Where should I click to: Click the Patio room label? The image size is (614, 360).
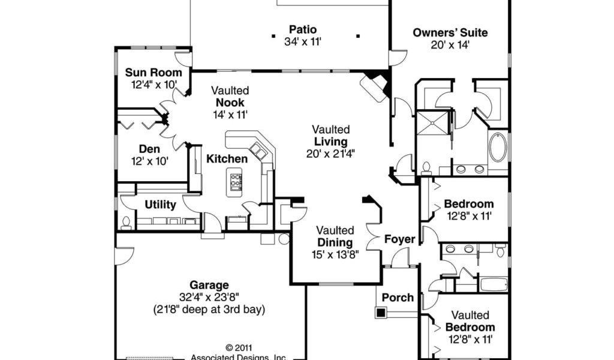pos(303,29)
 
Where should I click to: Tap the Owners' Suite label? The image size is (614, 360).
pos(450,32)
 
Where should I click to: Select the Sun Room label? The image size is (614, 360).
pos(153,73)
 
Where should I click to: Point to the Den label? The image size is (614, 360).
pos(149,149)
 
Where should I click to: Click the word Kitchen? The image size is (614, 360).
pos(227,159)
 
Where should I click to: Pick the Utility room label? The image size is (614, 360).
pos(160,205)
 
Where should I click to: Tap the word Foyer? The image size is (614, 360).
pos(399,239)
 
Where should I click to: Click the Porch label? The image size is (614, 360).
pos(398,297)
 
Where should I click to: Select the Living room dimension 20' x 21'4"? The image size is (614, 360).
pos(330,153)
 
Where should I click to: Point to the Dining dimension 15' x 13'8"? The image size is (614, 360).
pos(335,254)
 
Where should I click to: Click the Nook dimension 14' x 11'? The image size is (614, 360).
pos(230,114)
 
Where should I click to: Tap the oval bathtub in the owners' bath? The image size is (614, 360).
pos(498,148)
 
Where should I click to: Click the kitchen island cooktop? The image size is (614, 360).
pos(236,181)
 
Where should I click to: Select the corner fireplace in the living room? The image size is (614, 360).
pos(375,88)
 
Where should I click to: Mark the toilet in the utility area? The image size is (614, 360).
pos(126,223)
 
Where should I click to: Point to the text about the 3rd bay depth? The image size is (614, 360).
pos(209,310)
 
